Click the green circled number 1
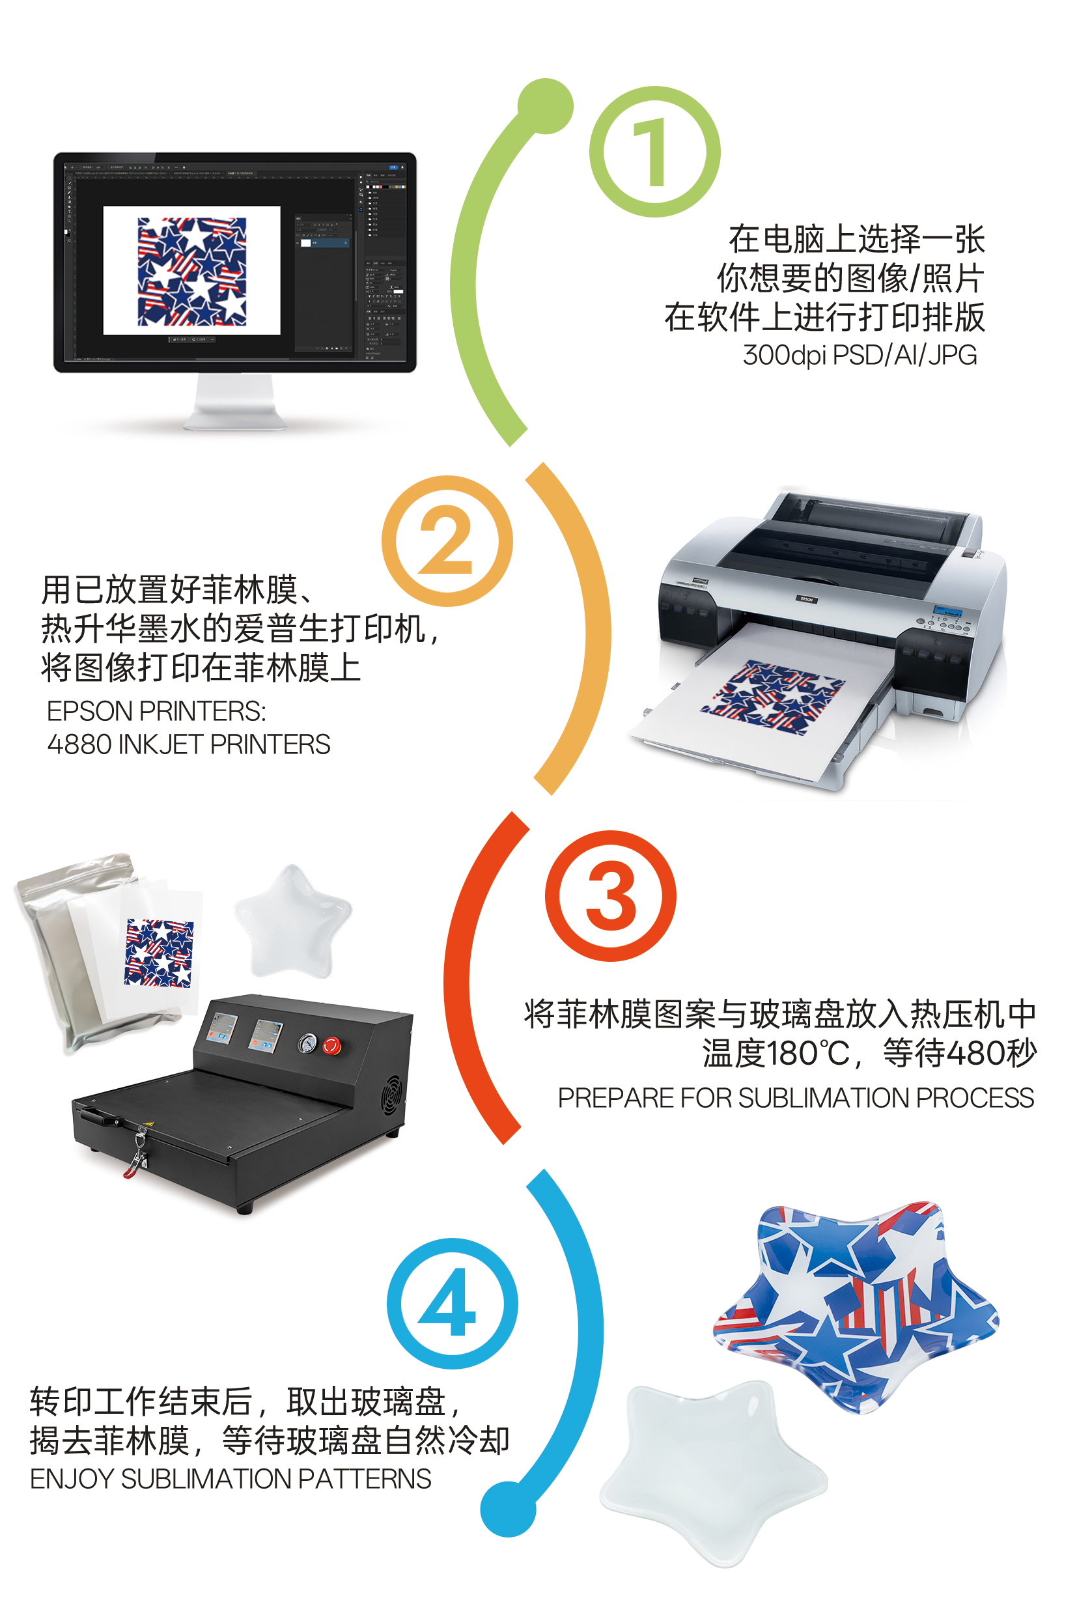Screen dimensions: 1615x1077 [654, 152]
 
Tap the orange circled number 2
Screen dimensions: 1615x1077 [447, 541]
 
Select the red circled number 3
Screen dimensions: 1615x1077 [611, 896]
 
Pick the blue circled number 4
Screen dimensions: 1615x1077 [452, 1303]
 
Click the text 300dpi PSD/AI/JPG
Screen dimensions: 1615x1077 [860, 355]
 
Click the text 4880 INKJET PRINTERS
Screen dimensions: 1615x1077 [189, 744]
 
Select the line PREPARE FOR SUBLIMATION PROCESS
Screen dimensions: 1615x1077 [796, 1098]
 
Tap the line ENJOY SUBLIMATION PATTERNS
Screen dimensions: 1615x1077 [231, 1478]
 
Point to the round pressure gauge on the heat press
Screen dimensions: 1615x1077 [307, 1043]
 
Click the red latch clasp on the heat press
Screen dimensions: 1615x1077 [136, 1160]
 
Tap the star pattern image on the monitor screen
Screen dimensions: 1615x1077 [191, 272]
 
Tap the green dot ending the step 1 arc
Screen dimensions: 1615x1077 [546, 105]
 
